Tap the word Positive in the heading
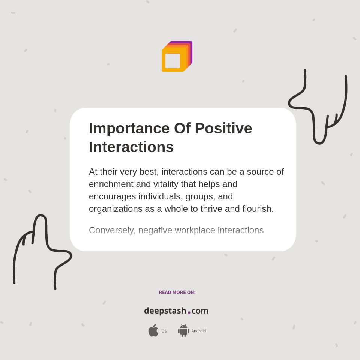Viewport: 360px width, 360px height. pos(223,129)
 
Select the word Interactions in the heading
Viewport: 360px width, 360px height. pos(131,147)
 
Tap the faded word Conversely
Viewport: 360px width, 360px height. pos(111,230)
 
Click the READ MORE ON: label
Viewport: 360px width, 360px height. pos(177,292)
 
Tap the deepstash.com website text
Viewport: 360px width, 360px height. pos(176,310)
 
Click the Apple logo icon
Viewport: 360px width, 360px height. pos(153,330)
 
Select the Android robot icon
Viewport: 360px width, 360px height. pos(183,330)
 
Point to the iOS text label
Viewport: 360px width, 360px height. pos(163,331)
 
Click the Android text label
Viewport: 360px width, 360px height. pos(198,331)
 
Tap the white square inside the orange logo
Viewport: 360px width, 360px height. pos(172,61)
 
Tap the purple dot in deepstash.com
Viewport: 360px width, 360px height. pos(189,312)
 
